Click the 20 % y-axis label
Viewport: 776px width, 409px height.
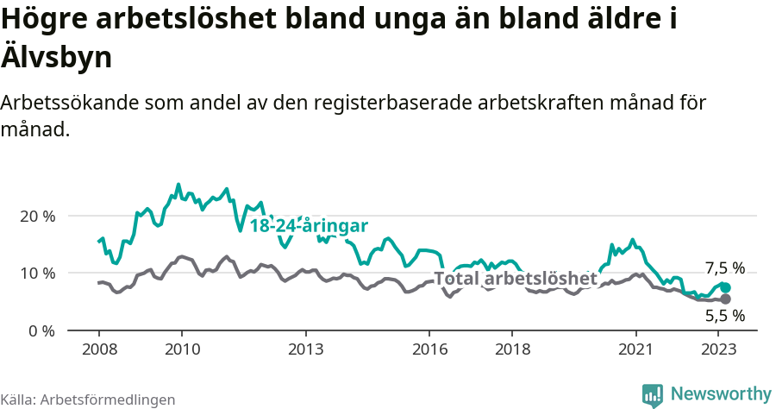(36, 216)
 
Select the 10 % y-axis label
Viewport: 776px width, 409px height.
(36, 274)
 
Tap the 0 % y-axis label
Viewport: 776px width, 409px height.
(41, 330)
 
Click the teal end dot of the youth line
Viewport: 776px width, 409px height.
(725, 287)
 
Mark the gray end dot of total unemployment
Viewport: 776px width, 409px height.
(725, 299)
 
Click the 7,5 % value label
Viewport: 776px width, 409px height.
(724, 268)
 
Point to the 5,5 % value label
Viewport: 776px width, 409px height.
(724, 316)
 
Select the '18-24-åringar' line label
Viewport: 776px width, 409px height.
(309, 226)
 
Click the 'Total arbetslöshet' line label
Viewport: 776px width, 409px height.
(515, 280)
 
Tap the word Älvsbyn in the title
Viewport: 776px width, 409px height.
(57, 58)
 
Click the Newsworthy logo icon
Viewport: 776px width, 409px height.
(653, 395)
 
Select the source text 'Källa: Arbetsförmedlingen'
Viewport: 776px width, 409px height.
(88, 400)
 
